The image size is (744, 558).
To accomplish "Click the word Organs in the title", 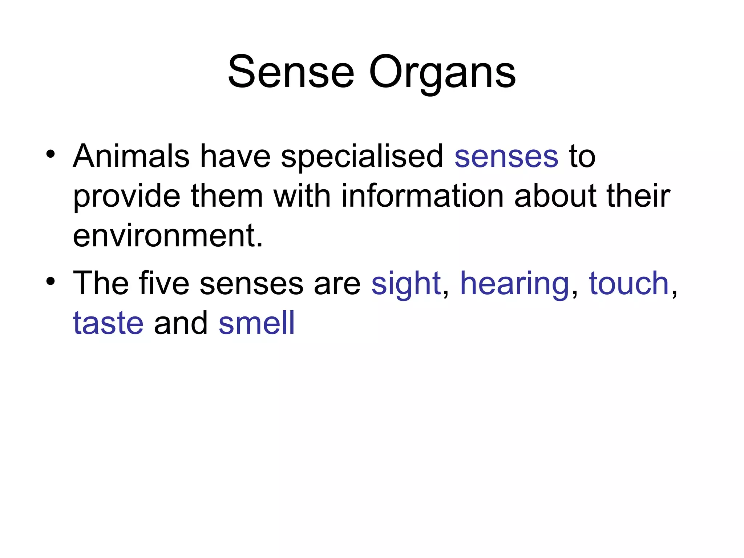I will point(442,74).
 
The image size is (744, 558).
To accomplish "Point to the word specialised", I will point(362,158).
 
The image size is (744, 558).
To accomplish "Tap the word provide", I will point(126,197).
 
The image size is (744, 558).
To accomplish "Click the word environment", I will point(167,236).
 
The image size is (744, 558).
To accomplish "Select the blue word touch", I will point(629,283).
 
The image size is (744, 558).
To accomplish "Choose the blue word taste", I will point(108,323).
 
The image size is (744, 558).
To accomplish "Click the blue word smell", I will point(256,323).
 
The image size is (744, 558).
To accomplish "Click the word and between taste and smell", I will point(181,323).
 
